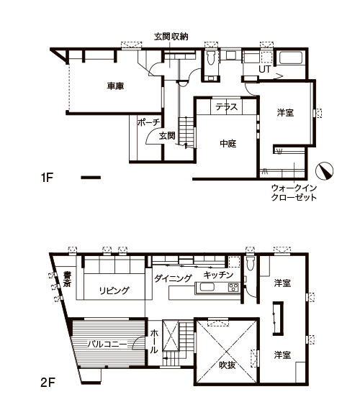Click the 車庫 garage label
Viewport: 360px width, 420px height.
click(x=115, y=86)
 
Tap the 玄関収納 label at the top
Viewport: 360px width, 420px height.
click(x=171, y=37)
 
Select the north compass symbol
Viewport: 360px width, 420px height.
click(x=324, y=171)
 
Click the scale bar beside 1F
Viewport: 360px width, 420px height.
click(x=91, y=178)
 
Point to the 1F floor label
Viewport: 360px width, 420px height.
click(x=48, y=178)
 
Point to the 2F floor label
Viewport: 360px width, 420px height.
click(x=48, y=383)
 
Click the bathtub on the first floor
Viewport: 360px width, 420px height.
click(x=291, y=58)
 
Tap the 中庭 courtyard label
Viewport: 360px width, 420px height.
click(x=228, y=144)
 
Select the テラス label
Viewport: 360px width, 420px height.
click(x=227, y=107)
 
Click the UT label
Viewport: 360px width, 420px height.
click(x=264, y=69)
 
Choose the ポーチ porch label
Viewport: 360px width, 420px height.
click(x=148, y=122)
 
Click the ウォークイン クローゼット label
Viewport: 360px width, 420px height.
click(x=294, y=193)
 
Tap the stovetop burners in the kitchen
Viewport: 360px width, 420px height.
click(x=233, y=288)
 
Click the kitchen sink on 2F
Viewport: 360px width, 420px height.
click(x=207, y=288)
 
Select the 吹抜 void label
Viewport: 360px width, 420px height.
click(x=228, y=365)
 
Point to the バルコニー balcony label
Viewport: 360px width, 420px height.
click(x=107, y=344)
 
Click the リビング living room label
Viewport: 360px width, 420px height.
click(x=114, y=291)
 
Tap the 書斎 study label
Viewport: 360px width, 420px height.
click(x=67, y=279)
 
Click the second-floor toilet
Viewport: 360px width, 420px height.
click(x=250, y=264)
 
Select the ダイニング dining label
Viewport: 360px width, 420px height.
click(x=174, y=278)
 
